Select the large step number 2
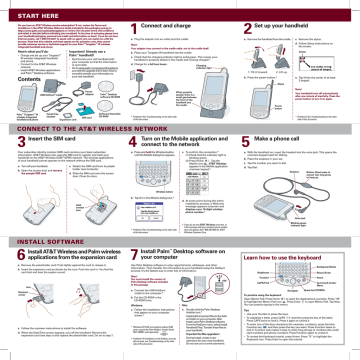[x=247, y=24]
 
